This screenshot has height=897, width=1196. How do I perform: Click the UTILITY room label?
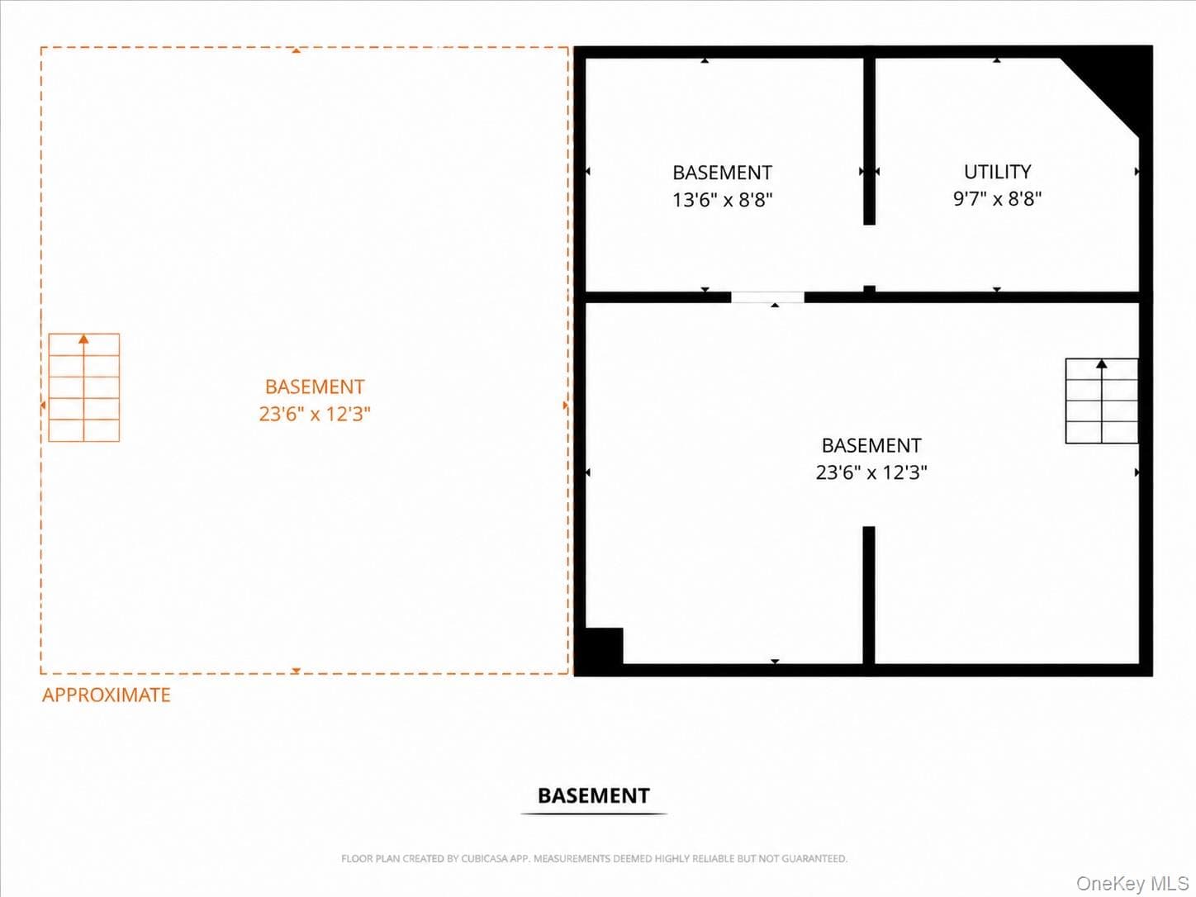pyautogui.click(x=997, y=172)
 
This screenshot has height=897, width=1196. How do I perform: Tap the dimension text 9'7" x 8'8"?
pyautogui.click(x=997, y=199)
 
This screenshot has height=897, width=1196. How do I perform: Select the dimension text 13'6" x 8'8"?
pyautogui.click(x=723, y=200)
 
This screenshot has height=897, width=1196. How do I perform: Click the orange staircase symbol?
pyautogui.click(x=84, y=387)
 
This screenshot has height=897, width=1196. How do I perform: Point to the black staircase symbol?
pyautogui.click(x=1102, y=401)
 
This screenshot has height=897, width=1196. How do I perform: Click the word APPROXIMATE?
pyautogui.click(x=107, y=695)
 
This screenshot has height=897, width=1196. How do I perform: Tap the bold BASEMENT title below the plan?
pyautogui.click(x=593, y=795)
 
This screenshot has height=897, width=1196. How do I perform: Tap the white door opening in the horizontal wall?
pyautogui.click(x=767, y=297)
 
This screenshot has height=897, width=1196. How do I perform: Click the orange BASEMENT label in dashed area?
pyautogui.click(x=315, y=387)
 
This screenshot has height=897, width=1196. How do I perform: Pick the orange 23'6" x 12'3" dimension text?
pyautogui.click(x=315, y=414)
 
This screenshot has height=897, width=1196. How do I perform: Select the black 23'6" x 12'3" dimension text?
pyautogui.click(x=871, y=472)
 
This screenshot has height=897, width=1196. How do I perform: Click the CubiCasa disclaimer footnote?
pyautogui.click(x=594, y=859)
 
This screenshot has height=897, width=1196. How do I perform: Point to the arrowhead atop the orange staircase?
pyautogui.click(x=83, y=339)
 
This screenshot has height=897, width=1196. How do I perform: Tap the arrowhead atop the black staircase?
pyautogui.click(x=1102, y=363)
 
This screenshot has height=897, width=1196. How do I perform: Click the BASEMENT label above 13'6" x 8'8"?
pyautogui.click(x=723, y=173)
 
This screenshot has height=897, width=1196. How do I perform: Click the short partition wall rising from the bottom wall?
pyautogui.click(x=869, y=596)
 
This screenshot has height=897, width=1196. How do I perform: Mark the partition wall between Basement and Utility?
pyautogui.click(x=870, y=140)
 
